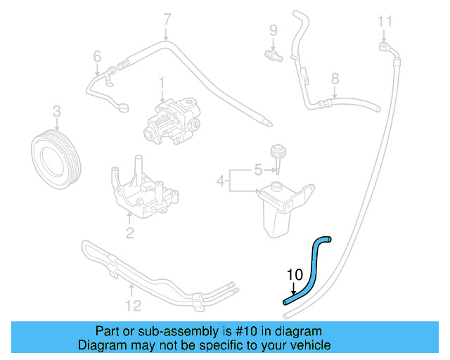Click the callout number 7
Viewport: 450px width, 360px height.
tap(167, 19)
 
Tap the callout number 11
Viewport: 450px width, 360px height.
tap(384, 21)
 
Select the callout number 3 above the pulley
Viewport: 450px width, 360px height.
tap(57, 111)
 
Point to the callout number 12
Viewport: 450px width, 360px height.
tap(133, 305)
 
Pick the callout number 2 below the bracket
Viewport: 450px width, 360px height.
tap(129, 233)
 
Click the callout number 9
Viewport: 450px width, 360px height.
tap(274, 30)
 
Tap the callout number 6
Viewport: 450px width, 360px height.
tap(97, 56)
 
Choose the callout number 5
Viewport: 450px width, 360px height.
tap(258, 169)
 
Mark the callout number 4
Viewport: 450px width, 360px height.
tap(221, 181)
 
